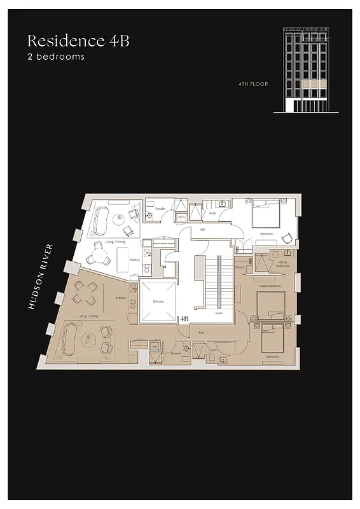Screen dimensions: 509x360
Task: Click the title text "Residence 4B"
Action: pos(78,41)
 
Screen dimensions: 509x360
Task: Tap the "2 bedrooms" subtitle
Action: pos(55,57)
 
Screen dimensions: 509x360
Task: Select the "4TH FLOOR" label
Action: pos(254,83)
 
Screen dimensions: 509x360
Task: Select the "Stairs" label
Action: pos(219,312)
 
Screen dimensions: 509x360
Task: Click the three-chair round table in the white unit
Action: pos(99,254)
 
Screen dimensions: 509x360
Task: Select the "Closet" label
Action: pos(240,267)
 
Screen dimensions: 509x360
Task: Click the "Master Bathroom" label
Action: pos(282,263)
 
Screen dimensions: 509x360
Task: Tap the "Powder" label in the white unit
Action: pos(160,208)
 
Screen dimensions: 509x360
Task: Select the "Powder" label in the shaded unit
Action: pos(176,353)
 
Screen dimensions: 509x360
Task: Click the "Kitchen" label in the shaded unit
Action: pos(121,298)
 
